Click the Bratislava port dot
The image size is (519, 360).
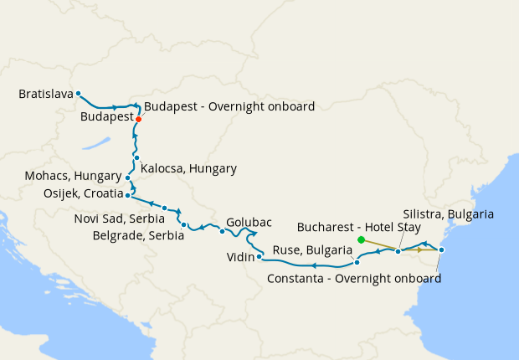click(x=78, y=94)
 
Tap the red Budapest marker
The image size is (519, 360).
click(x=139, y=119)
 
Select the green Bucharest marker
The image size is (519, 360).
click(x=361, y=239)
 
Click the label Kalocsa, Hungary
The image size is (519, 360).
click(x=188, y=168)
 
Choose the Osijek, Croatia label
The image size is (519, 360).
click(x=70, y=193)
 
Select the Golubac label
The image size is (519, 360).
click(x=249, y=223)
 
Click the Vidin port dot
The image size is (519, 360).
click(x=259, y=256)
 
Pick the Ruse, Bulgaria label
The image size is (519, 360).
click(x=311, y=250)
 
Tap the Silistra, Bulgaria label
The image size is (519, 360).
click(x=448, y=214)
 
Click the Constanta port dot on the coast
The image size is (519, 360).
click(x=441, y=250)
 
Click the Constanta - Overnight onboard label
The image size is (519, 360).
click(x=354, y=278)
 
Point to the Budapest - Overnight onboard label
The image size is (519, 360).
click(x=229, y=106)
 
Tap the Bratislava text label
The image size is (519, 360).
click(x=44, y=95)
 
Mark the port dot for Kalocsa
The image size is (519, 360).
click(x=136, y=157)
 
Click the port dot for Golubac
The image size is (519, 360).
click(x=222, y=231)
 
